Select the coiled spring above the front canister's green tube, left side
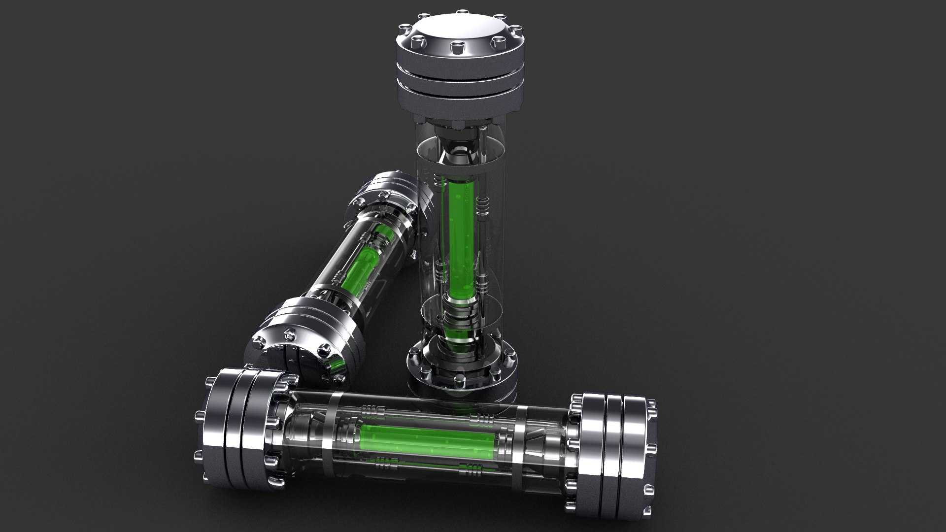[x=372, y=409]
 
